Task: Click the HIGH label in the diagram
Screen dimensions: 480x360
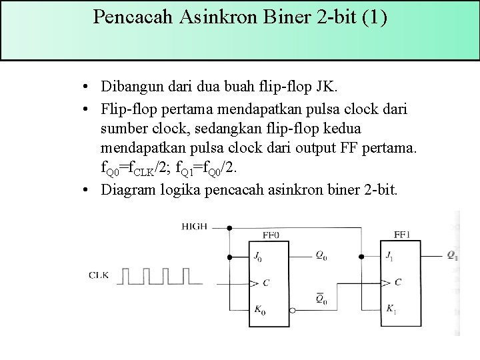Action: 195,227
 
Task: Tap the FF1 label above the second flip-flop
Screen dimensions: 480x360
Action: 402,234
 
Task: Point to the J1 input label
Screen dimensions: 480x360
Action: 390,256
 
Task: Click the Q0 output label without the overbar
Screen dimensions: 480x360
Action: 321,256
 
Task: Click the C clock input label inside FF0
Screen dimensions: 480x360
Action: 266,283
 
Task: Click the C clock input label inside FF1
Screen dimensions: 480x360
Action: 398,282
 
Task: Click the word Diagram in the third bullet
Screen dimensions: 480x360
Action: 127,190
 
